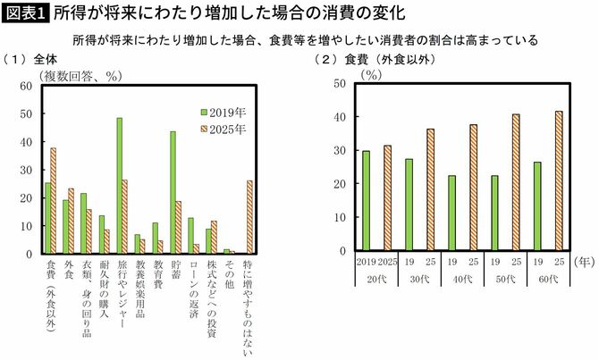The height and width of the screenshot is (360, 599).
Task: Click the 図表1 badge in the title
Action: click(25, 13)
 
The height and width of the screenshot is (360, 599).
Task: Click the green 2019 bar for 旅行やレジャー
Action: click(119, 186)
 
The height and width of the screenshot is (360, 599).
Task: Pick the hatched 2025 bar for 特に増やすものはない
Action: click(249, 217)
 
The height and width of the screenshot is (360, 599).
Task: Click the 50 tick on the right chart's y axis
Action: click(340, 83)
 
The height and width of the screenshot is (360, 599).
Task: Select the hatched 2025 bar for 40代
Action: click(473, 188)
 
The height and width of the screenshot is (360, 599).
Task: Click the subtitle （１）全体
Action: click(31, 60)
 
